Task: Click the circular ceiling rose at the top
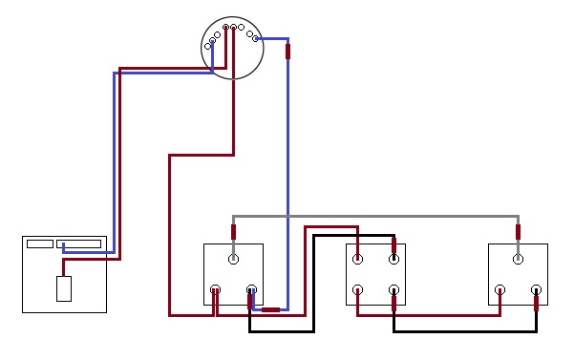click(x=232, y=48)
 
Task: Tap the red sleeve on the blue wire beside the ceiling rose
click(x=288, y=52)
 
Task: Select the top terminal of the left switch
click(x=234, y=258)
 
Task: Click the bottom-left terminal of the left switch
click(x=216, y=289)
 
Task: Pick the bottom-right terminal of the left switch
click(x=251, y=289)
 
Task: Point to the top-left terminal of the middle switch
click(x=358, y=258)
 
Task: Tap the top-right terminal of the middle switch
click(x=393, y=258)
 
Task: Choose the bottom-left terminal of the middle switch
click(x=358, y=289)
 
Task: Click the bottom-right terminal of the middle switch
click(x=393, y=289)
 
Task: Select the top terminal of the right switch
click(x=519, y=258)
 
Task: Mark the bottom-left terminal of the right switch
click(x=500, y=289)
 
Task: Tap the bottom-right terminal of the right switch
click(x=536, y=289)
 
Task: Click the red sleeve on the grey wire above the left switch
click(x=234, y=231)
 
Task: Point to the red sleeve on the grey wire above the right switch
click(x=519, y=231)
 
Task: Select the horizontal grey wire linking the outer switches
click(x=382, y=216)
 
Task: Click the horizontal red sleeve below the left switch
click(x=271, y=309)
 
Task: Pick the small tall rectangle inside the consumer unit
click(x=64, y=288)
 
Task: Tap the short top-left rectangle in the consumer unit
click(x=40, y=244)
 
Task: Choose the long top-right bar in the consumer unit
click(x=78, y=244)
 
